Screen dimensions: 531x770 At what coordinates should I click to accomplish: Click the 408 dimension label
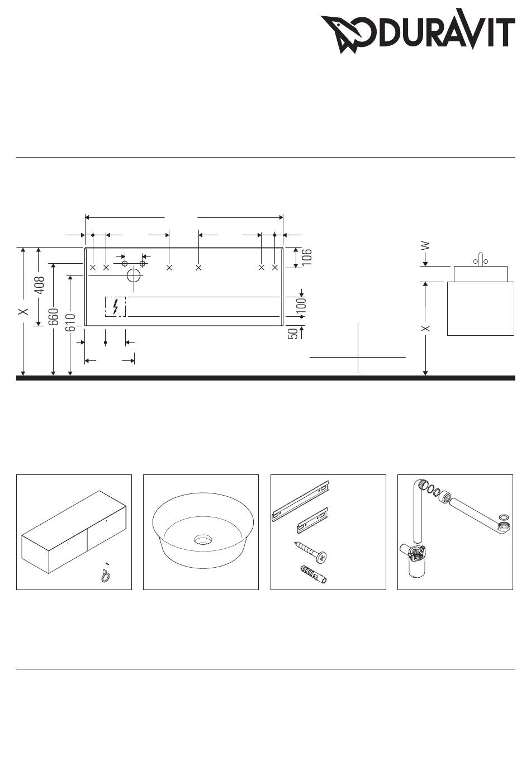click(40, 285)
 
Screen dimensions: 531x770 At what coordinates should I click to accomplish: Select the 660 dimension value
click(53, 317)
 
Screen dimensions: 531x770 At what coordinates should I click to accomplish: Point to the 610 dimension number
click(70, 322)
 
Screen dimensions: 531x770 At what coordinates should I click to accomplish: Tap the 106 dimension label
click(307, 257)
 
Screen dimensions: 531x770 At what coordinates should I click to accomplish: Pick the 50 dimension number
click(292, 334)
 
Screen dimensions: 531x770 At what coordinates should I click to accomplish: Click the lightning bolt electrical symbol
click(116, 306)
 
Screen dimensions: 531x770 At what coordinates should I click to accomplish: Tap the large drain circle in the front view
click(134, 275)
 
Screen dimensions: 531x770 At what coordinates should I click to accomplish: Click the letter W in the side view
click(425, 246)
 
